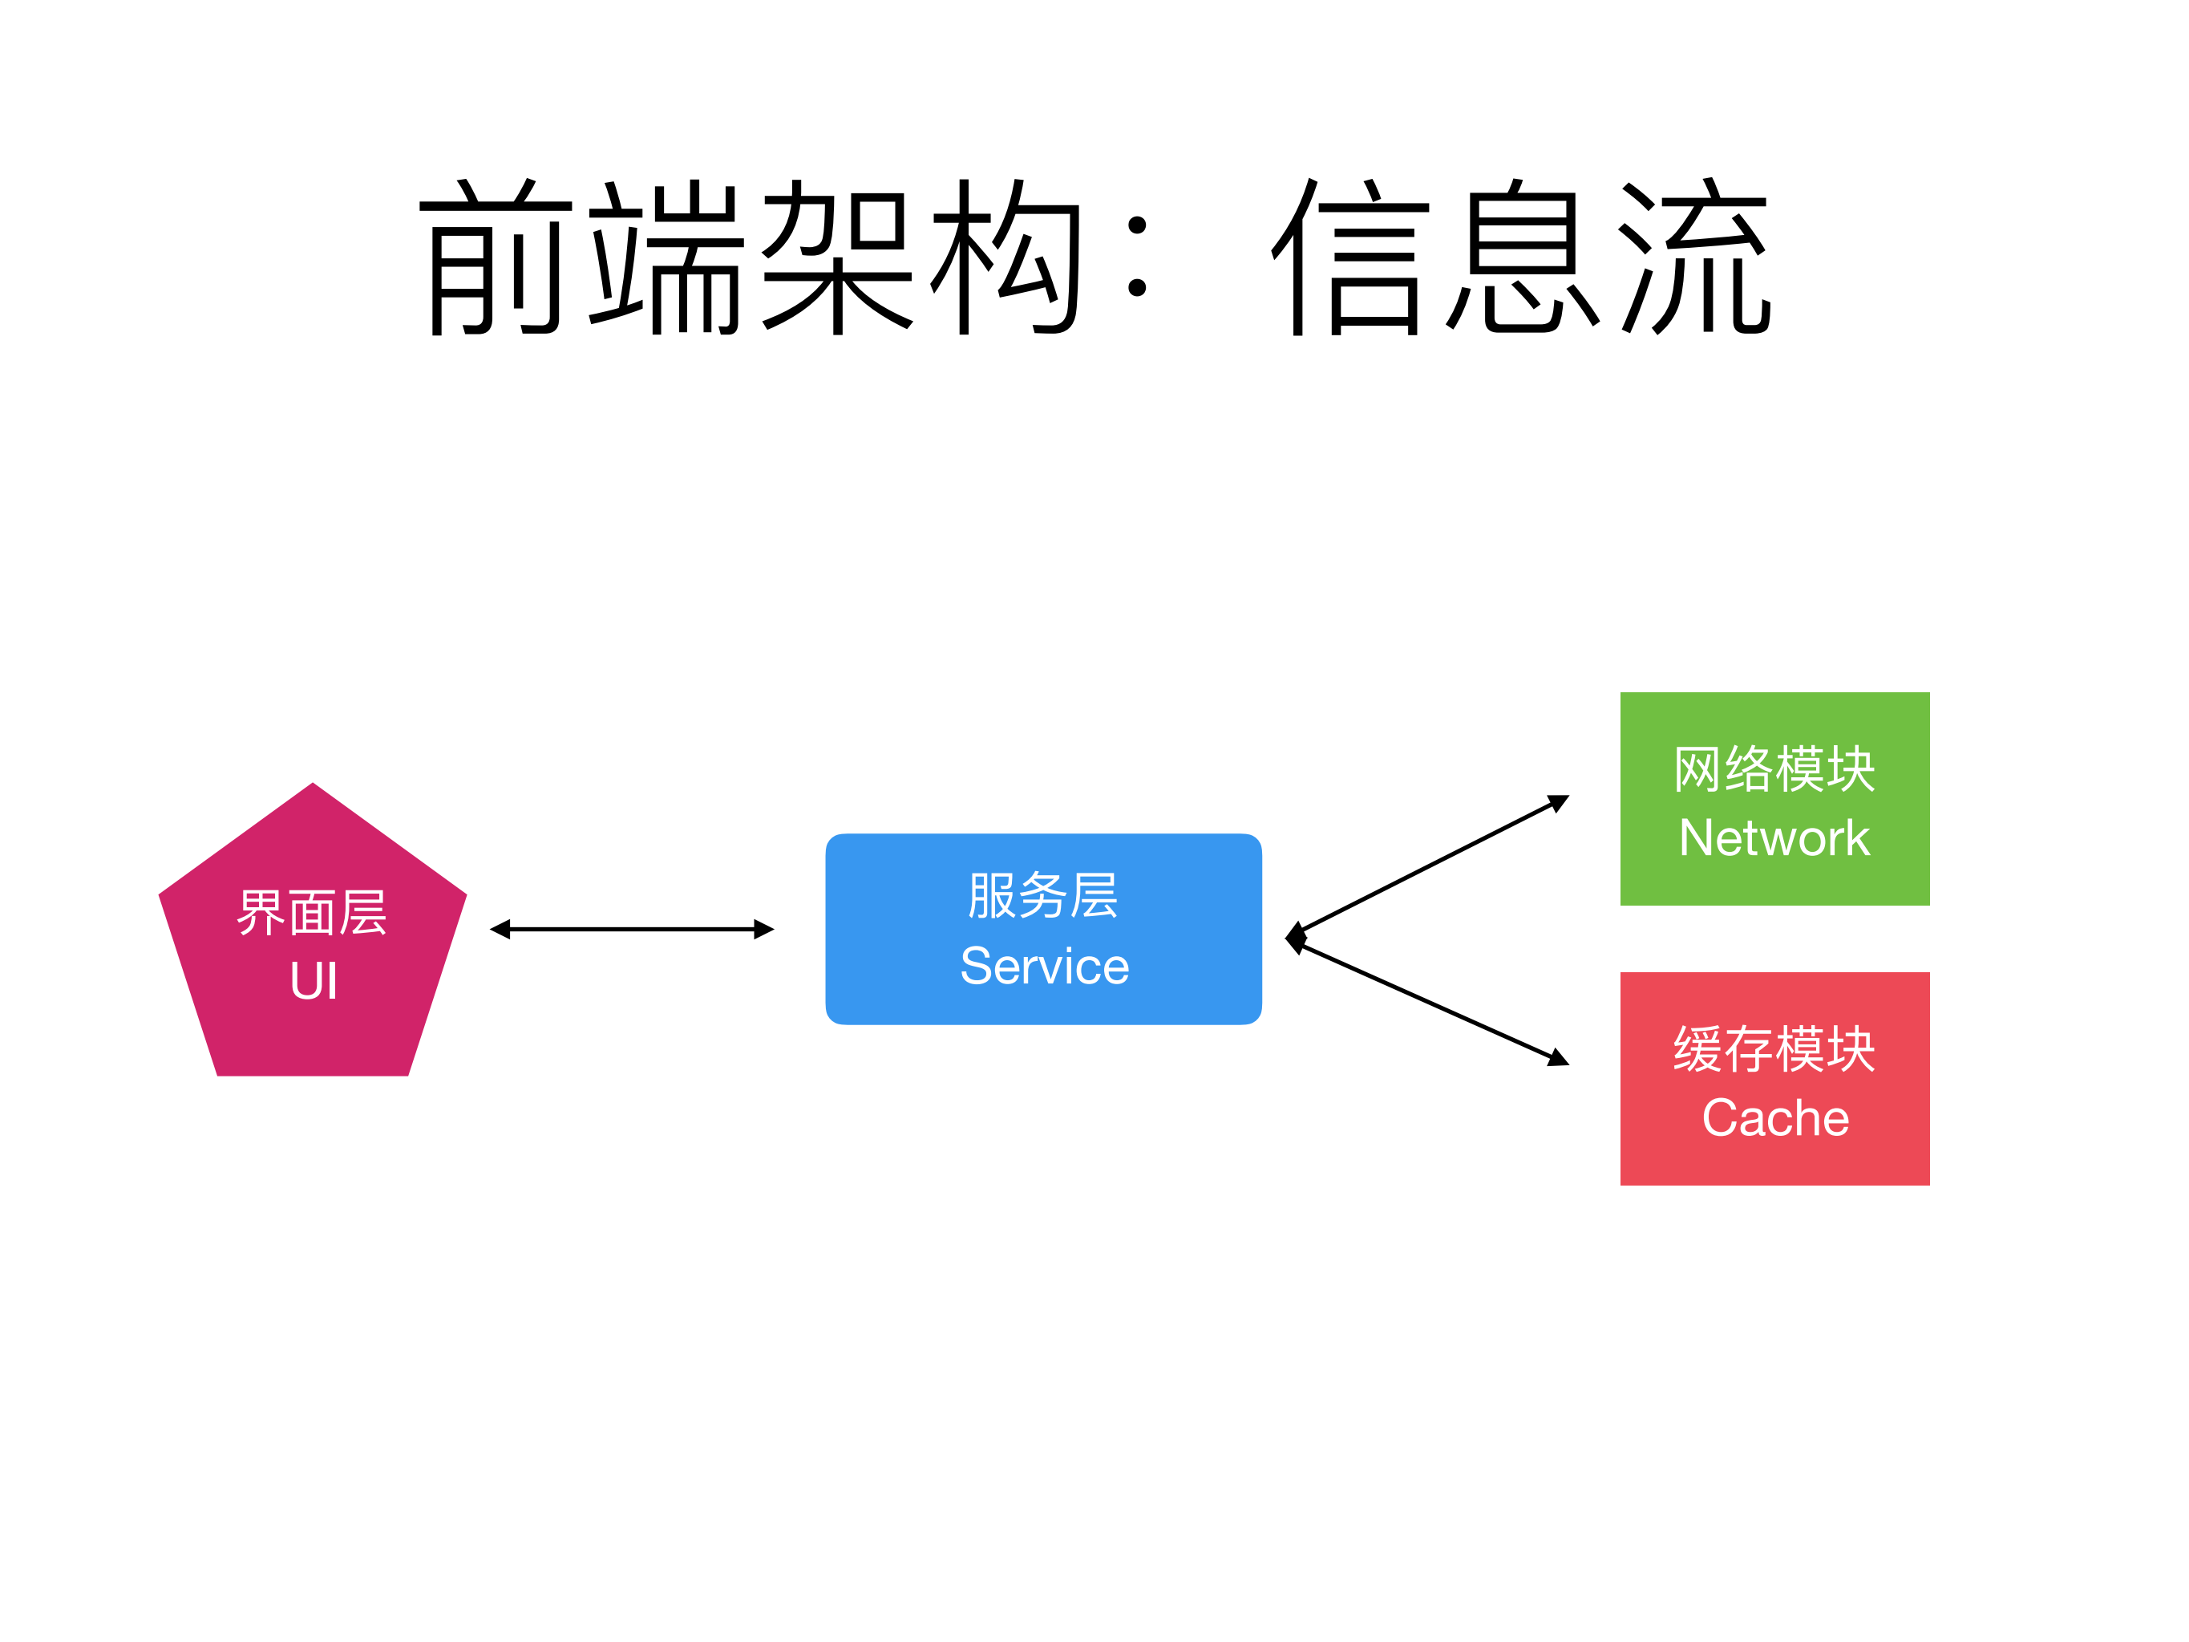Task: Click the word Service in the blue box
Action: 1044,966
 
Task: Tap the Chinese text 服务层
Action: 1043,896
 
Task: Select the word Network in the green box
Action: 1774,838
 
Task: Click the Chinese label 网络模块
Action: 1774,769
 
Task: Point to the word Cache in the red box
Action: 1774,1118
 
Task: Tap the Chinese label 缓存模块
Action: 1774,1049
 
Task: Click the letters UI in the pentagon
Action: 314,982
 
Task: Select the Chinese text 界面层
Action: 312,913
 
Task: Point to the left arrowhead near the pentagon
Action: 500,930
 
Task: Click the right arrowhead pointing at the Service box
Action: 764,930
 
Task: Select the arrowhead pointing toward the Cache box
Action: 1559,1059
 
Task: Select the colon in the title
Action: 1137,257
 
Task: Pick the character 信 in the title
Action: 1351,257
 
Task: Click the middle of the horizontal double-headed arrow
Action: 631,930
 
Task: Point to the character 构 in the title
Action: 1005,257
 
